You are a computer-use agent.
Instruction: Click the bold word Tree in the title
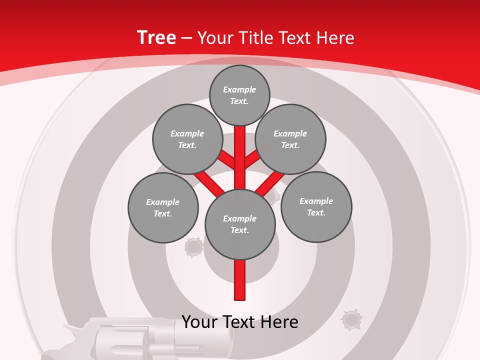156,37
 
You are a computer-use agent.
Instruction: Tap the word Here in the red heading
335,38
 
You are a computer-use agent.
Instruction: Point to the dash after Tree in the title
186,38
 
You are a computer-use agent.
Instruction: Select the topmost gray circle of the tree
239,95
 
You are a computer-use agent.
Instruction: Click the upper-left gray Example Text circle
187,139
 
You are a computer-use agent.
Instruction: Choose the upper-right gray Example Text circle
290,139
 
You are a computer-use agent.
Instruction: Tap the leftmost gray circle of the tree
163,207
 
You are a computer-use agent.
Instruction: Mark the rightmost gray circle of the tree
316,207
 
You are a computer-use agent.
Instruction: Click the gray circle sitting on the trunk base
240,224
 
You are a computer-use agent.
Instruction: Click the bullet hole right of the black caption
351,319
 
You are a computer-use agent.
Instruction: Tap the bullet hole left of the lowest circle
193,247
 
